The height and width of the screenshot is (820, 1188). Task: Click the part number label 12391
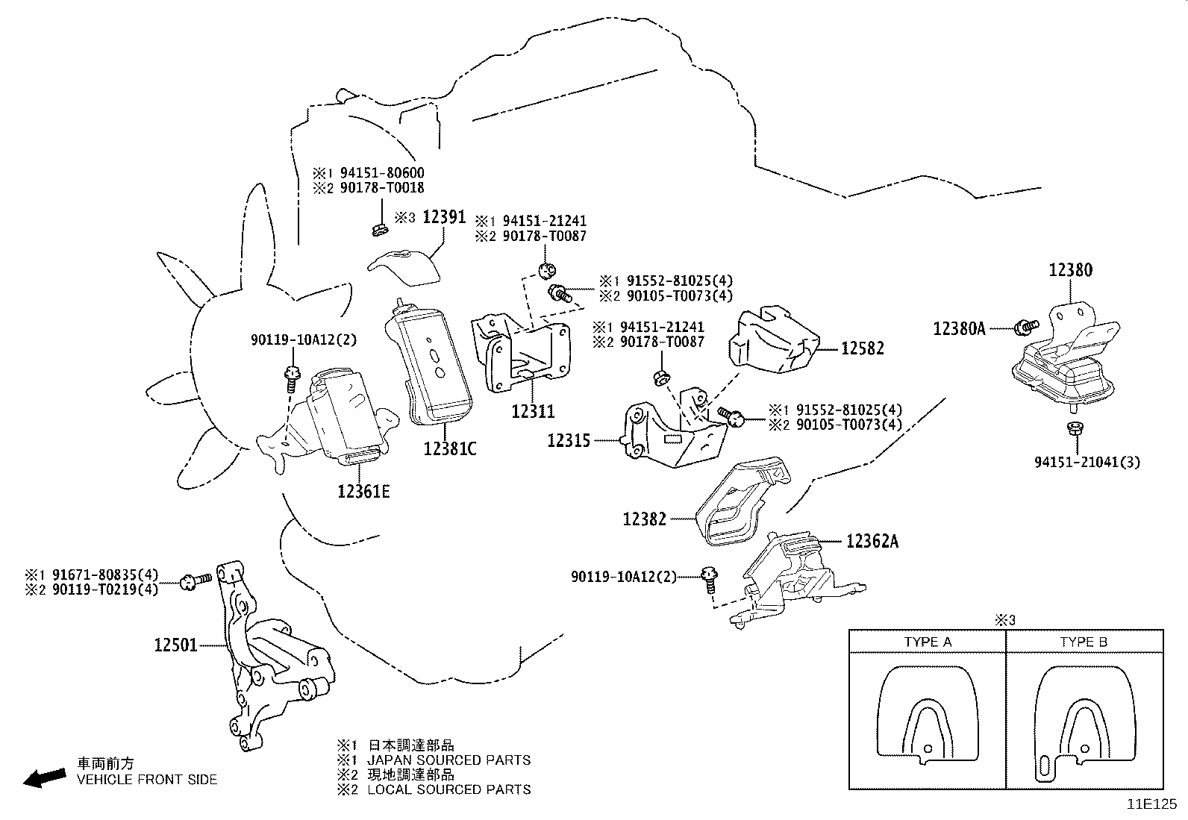[x=444, y=217]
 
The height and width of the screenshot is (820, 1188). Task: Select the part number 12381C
[x=449, y=448]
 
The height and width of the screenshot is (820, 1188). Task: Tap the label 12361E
[x=363, y=491]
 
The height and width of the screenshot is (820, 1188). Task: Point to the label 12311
[x=533, y=411]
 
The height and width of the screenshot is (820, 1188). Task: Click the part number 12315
[x=569, y=440]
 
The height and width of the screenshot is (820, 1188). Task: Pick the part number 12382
[x=645, y=518]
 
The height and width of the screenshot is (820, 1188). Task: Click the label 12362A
[x=872, y=541]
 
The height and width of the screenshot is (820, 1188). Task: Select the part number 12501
[x=176, y=644]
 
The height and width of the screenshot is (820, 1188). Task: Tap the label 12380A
[x=959, y=328]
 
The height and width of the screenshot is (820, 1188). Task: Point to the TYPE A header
[x=928, y=642]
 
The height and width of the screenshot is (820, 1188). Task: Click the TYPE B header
[x=1084, y=642]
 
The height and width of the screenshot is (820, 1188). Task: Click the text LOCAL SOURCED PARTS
[x=449, y=789]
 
